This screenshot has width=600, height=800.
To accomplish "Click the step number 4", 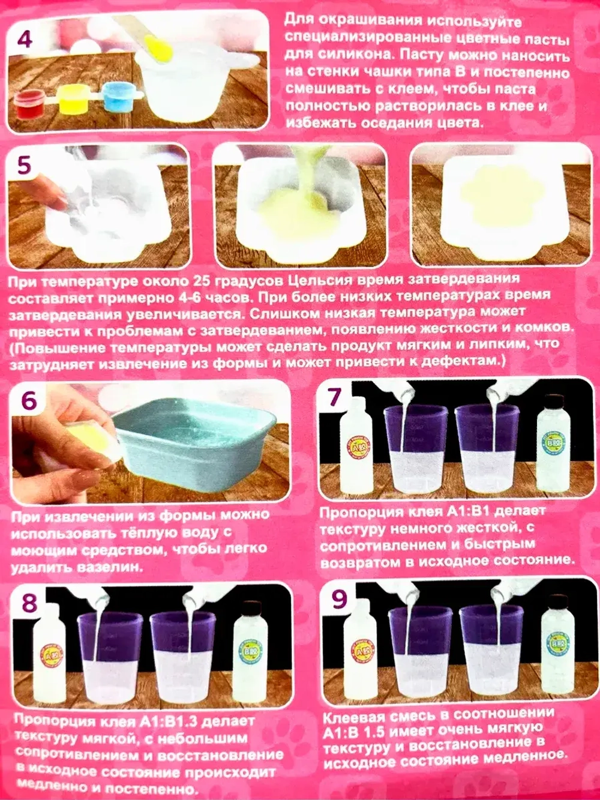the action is pos(24,40).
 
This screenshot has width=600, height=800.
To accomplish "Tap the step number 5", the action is pos(24,166).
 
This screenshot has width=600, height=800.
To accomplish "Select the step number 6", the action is pos(29,402).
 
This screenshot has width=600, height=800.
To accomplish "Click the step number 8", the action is pos(29,603).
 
